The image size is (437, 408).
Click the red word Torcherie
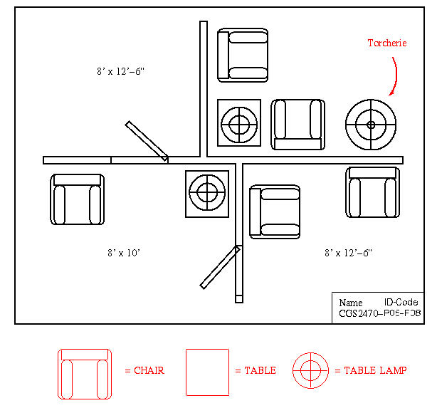coord(386,43)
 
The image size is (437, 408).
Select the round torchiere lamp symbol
coord(371,125)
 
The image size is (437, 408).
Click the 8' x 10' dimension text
coord(124,253)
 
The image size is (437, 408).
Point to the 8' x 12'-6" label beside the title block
coord(348,253)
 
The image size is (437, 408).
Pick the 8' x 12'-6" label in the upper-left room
coord(122,71)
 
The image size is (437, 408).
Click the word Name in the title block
coord(350,302)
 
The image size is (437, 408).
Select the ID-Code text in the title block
coord(401,302)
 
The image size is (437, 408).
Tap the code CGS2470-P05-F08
coord(379,313)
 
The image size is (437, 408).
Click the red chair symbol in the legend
coord(85,373)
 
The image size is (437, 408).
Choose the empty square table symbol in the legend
coord(207,372)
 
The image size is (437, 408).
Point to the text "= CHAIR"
coord(144,370)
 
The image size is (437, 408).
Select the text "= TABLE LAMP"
coord(370,370)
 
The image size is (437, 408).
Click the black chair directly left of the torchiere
coord(299,124)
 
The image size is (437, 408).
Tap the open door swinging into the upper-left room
coord(147,140)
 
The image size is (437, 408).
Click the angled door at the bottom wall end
coord(219,268)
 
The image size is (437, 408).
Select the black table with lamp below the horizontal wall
coord(207,193)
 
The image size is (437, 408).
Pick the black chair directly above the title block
coord(372,192)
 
